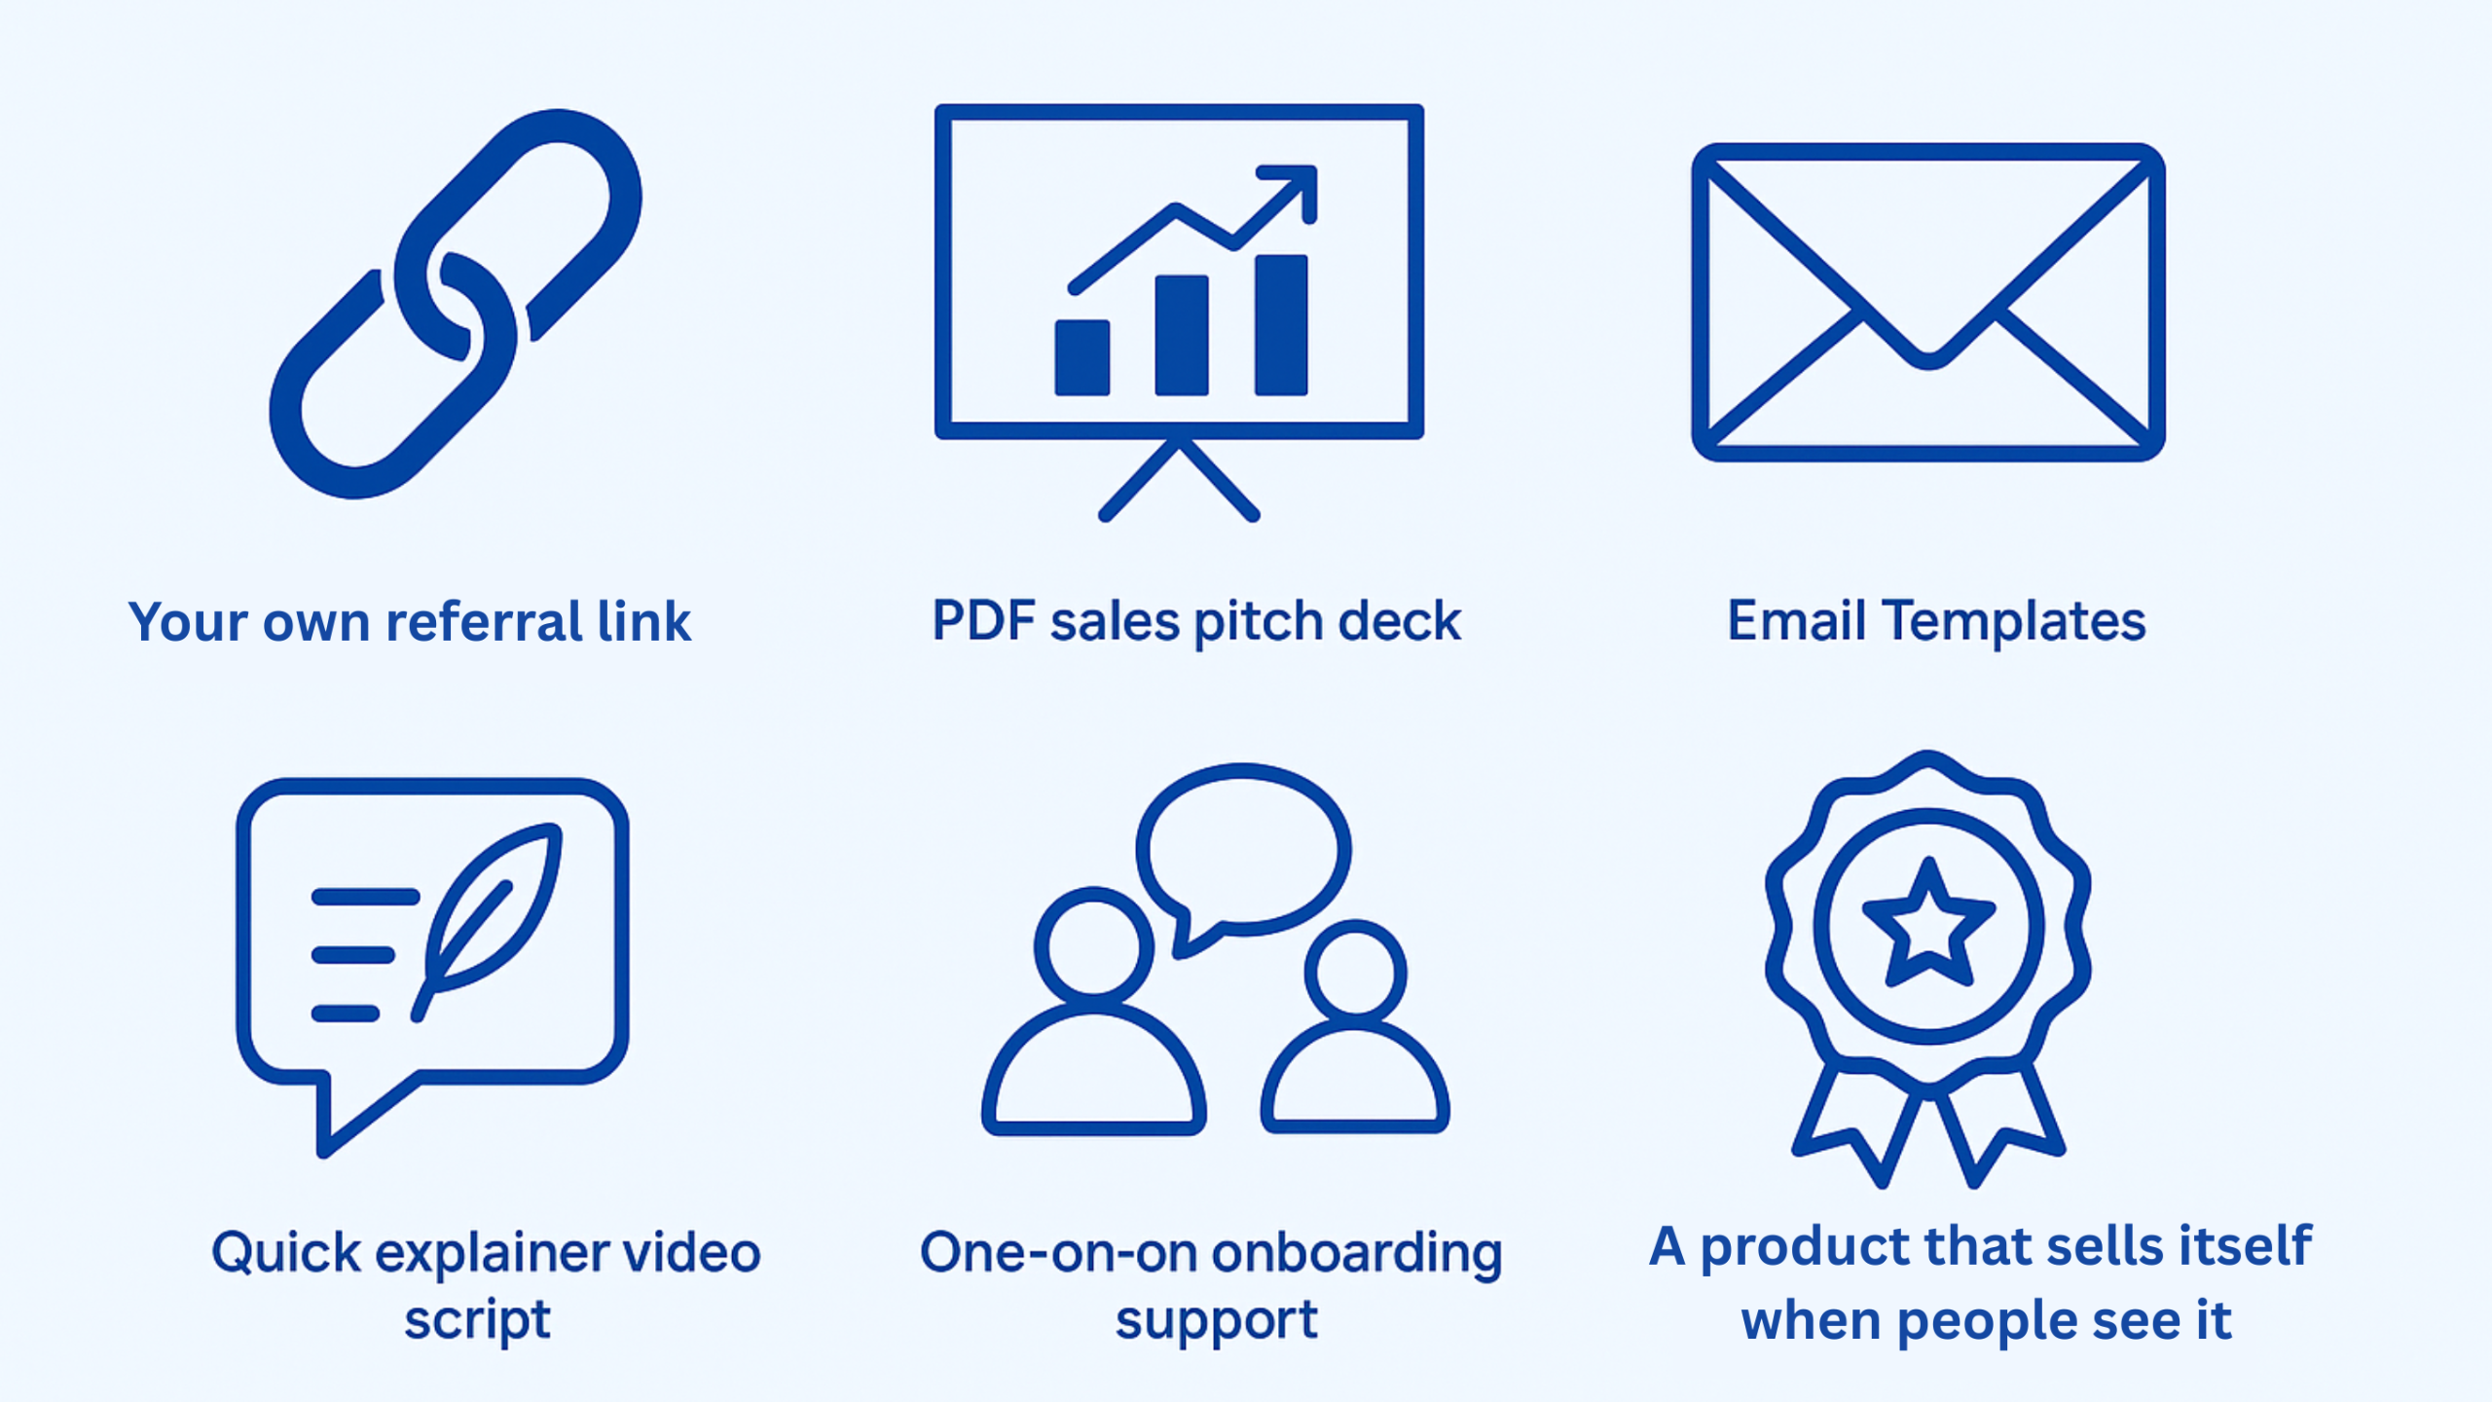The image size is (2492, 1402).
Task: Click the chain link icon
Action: [456, 304]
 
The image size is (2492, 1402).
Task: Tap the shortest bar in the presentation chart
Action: [1081, 357]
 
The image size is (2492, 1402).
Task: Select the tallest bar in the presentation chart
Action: [1281, 324]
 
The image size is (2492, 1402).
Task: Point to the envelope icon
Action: [1927, 302]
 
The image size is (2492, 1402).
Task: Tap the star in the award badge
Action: [1927, 925]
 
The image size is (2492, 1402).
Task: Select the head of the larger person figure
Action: [1093, 944]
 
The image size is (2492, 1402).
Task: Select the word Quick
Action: [286, 1253]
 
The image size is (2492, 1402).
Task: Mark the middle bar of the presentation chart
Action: [1181, 335]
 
